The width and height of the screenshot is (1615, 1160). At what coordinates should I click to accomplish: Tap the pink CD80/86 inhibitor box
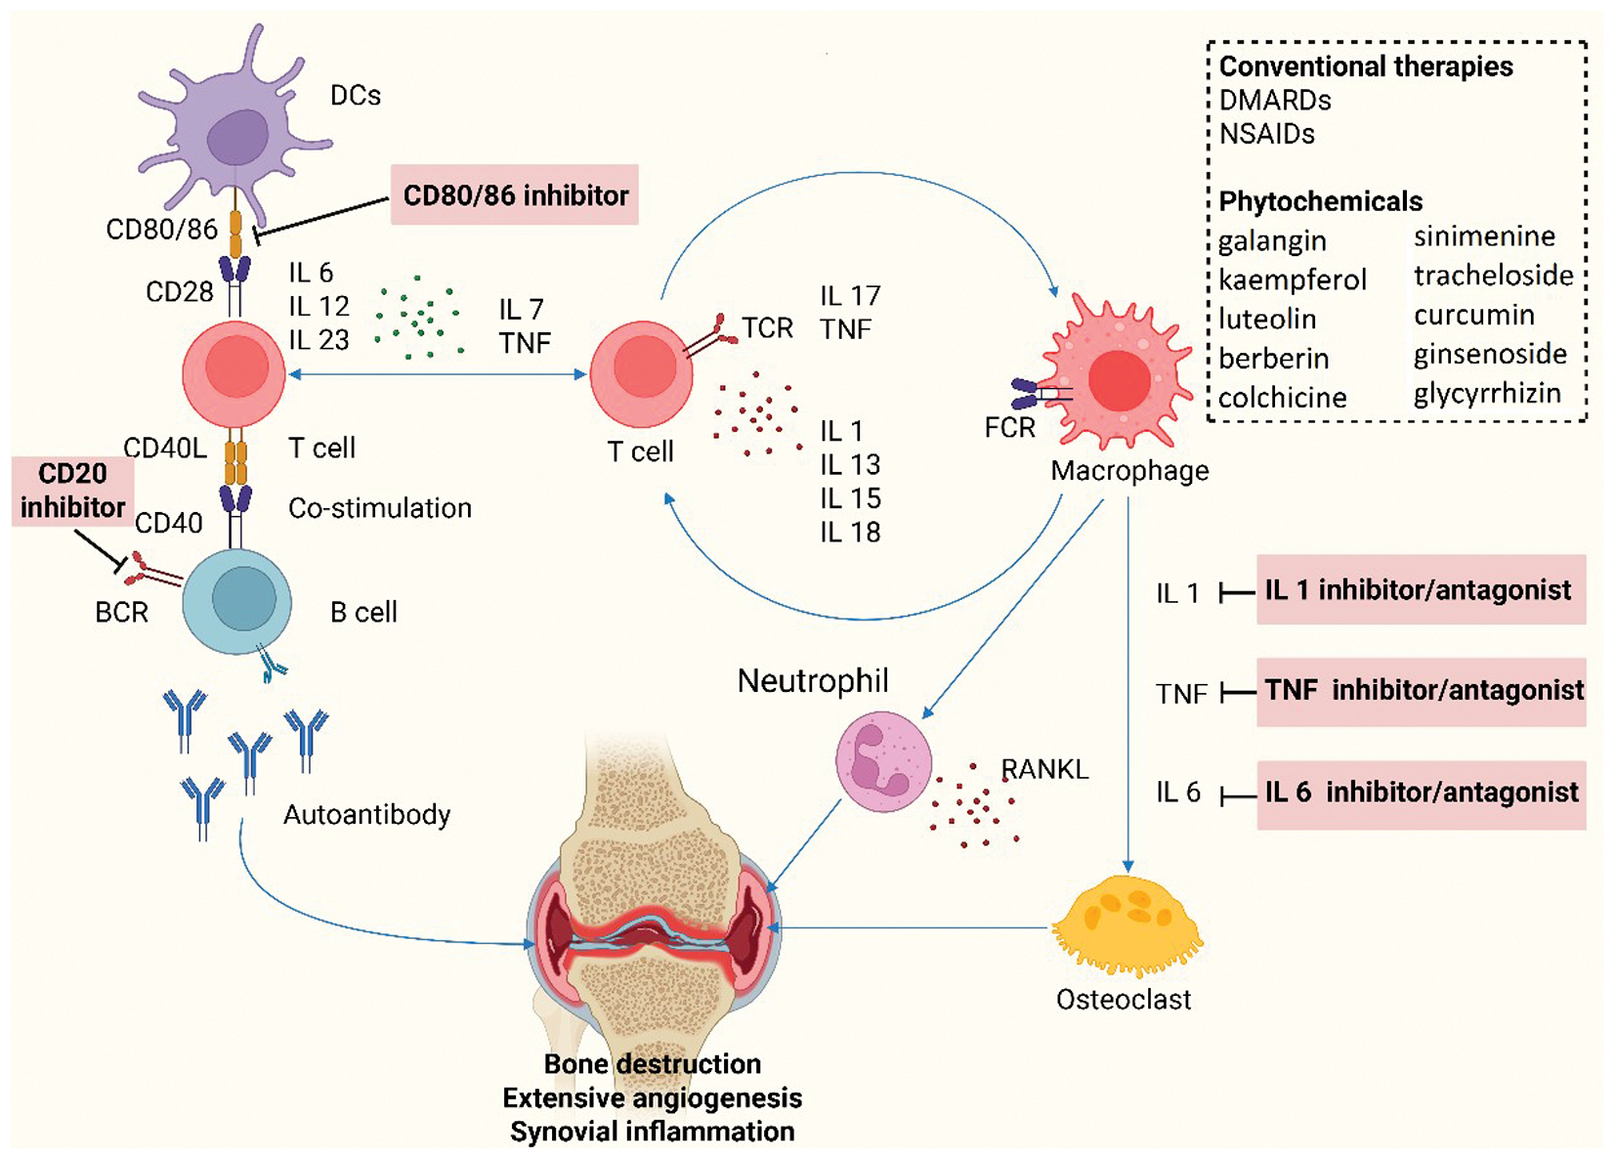[515, 195]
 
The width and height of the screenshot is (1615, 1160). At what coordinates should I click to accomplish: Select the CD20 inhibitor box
[72, 491]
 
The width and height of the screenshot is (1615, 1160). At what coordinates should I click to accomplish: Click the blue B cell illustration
[237, 600]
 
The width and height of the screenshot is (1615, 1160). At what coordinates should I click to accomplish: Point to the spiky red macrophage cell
[1119, 379]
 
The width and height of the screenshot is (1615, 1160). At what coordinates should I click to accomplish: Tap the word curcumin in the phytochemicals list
[1473, 315]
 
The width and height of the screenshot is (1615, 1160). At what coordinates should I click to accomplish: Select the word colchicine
[1282, 398]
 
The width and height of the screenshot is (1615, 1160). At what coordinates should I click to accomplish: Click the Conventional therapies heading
[1366, 66]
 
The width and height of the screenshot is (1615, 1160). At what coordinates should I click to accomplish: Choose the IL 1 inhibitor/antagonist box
[1420, 590]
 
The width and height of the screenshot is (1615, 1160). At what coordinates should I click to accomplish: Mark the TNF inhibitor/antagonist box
[1423, 691]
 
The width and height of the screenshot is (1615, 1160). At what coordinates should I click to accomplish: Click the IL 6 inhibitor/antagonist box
[1421, 793]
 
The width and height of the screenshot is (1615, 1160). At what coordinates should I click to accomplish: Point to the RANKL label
[1044, 769]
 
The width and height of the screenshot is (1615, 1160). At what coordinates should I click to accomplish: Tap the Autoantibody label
[366, 814]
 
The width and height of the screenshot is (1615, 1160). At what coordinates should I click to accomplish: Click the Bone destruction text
[652, 1063]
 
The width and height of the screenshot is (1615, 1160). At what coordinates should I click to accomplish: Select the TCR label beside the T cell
[767, 328]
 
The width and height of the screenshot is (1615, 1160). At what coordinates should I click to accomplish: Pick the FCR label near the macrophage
[1009, 428]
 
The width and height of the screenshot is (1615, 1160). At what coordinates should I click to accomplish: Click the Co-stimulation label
[380, 508]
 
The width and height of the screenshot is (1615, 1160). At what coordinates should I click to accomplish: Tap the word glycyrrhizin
[1487, 394]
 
